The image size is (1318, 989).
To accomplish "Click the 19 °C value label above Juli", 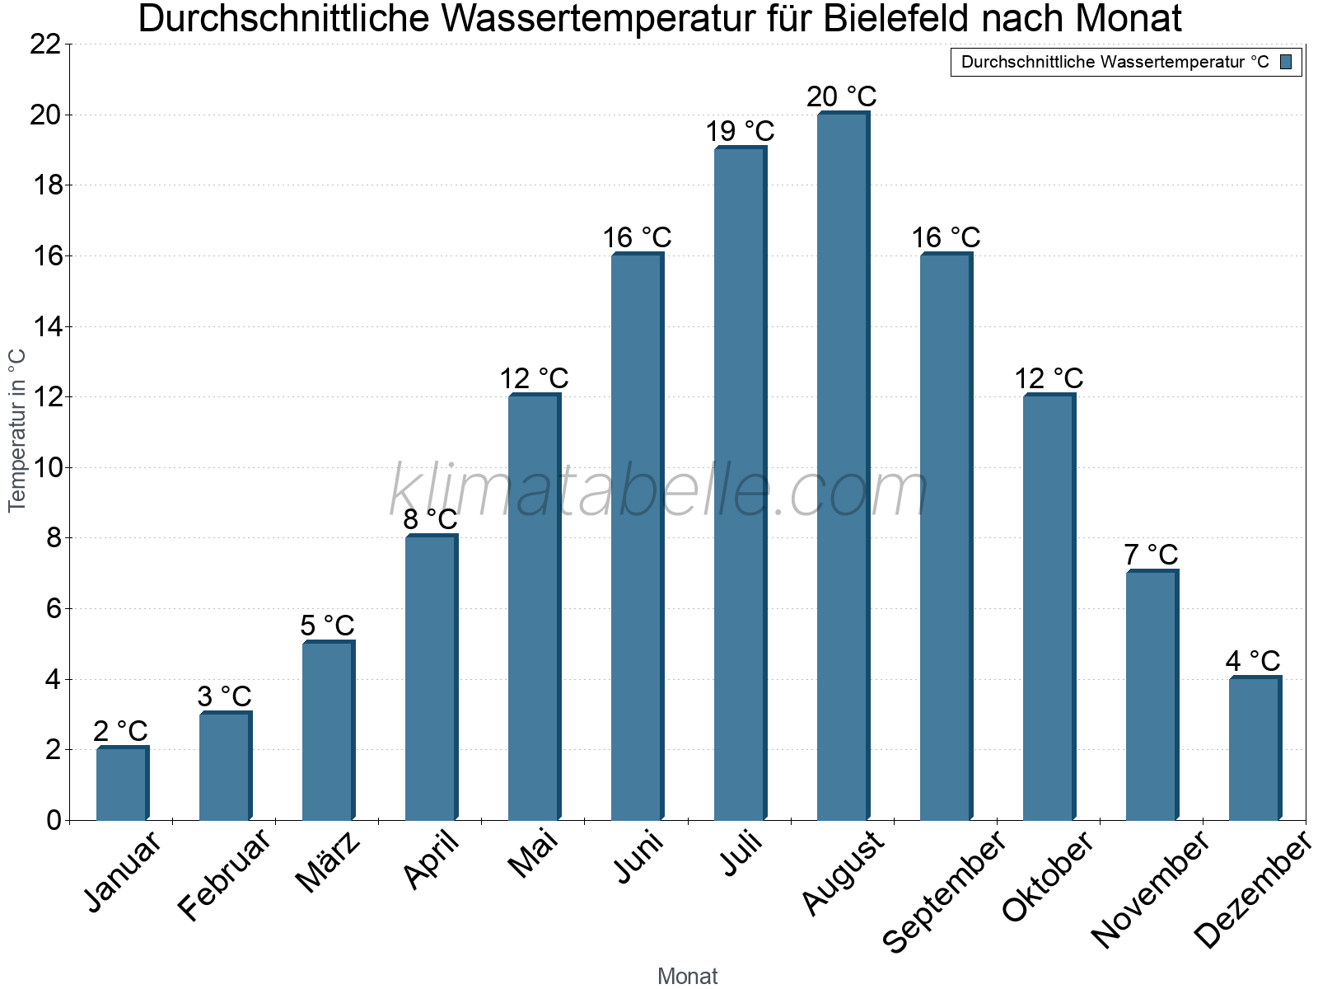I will [x=740, y=131].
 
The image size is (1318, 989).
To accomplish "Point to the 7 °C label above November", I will [x=1151, y=555].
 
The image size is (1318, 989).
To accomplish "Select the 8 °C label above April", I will [x=430, y=519].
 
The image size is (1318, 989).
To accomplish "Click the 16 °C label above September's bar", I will [x=946, y=237].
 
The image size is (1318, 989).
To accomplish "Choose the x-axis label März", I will [x=329, y=862].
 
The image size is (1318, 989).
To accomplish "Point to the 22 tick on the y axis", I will [x=45, y=45].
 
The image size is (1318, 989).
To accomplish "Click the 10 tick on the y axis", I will [x=45, y=468].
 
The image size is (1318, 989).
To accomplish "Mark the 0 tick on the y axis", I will [x=54, y=820].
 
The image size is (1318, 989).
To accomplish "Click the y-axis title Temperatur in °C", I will [x=17, y=430].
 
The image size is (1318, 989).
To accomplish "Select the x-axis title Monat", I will [x=687, y=976].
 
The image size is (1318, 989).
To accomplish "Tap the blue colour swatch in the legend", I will [x=1286, y=62].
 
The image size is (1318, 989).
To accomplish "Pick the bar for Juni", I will [x=637, y=537].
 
